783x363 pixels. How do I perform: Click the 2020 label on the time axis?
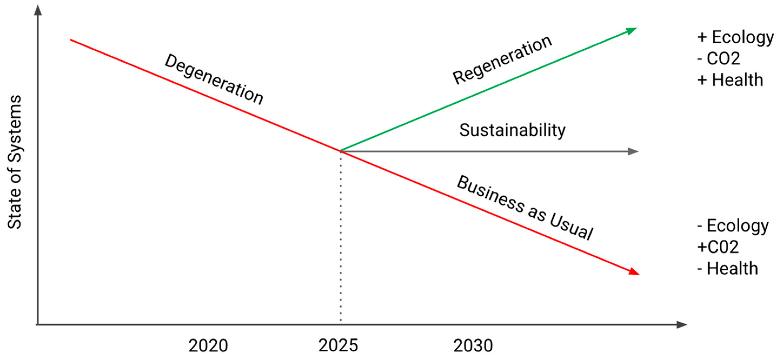pyautogui.click(x=208, y=346)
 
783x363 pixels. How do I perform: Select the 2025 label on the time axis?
pyautogui.click(x=338, y=346)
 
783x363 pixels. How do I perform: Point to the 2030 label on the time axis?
pyautogui.click(x=473, y=346)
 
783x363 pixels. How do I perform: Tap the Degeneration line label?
pyautogui.click(x=214, y=80)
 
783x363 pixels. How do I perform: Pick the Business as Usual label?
pyautogui.click(x=525, y=208)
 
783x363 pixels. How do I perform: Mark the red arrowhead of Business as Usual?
pyautogui.click(x=634, y=271)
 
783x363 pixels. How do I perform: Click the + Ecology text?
pyautogui.click(x=735, y=37)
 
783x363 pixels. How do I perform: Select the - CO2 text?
pyautogui.click(x=719, y=58)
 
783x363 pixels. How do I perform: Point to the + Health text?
pyautogui.click(x=730, y=80)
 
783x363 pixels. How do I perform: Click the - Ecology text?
pyautogui.click(x=732, y=226)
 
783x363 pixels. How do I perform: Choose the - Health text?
pyautogui.click(x=728, y=268)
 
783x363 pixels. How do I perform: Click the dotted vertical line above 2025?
pyautogui.click(x=341, y=237)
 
